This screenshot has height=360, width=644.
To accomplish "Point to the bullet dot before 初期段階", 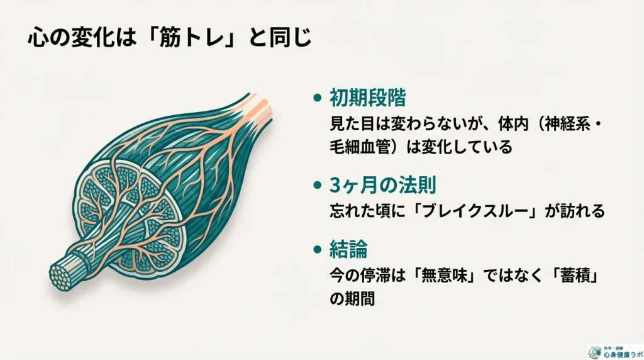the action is coord(318,98).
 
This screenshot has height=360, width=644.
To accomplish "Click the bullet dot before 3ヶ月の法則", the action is coord(318,186).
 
